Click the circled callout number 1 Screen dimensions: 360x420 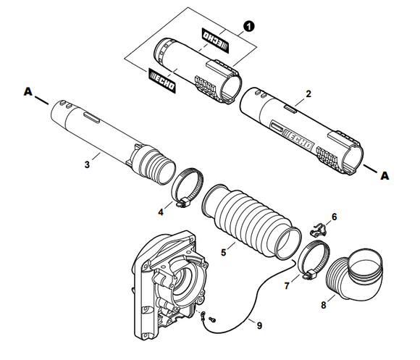[249, 26]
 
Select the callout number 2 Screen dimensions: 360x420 [308, 94]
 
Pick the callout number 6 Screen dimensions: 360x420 [334, 217]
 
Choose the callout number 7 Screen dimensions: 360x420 [287, 286]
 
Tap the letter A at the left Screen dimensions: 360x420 [28, 92]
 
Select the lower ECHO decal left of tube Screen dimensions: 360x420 [163, 77]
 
